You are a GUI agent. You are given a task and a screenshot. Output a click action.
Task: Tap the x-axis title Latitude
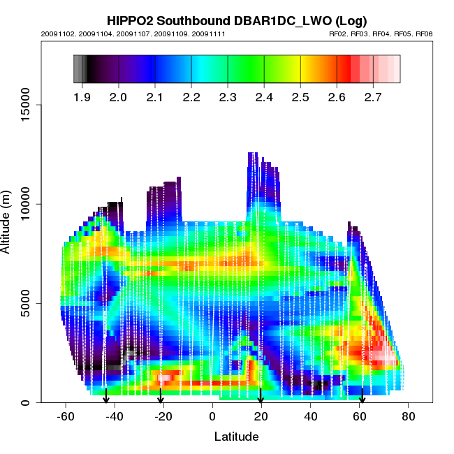[x=236, y=437]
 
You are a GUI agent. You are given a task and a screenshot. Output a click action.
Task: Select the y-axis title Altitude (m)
[x=11, y=219]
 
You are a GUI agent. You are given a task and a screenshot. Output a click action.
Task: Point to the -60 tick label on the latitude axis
[x=65, y=416]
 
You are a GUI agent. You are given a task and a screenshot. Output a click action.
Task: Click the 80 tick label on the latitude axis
[x=409, y=416]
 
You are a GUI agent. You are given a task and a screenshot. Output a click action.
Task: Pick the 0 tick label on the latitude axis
[x=212, y=416]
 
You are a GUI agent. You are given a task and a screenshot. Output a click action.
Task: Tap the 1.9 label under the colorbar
[x=82, y=96]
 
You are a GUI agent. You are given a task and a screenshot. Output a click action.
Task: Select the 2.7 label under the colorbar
[x=373, y=96]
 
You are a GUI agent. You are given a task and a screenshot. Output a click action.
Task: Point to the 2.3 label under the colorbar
[x=228, y=96]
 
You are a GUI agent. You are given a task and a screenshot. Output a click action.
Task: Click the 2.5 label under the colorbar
[x=300, y=96]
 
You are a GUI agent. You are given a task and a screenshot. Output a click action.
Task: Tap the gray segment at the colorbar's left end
[x=78, y=69]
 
